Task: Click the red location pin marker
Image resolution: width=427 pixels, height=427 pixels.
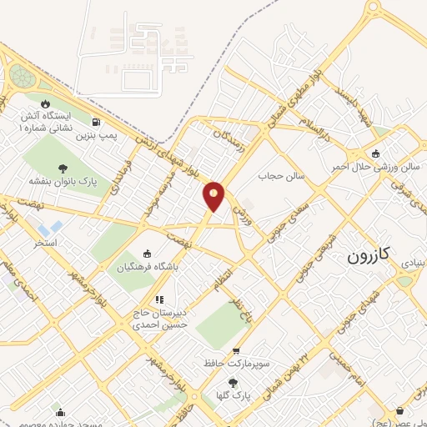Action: point(214,195)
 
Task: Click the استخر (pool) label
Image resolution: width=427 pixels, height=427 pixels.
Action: point(44,243)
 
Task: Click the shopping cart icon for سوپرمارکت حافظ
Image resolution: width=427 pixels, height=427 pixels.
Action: point(237,351)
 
